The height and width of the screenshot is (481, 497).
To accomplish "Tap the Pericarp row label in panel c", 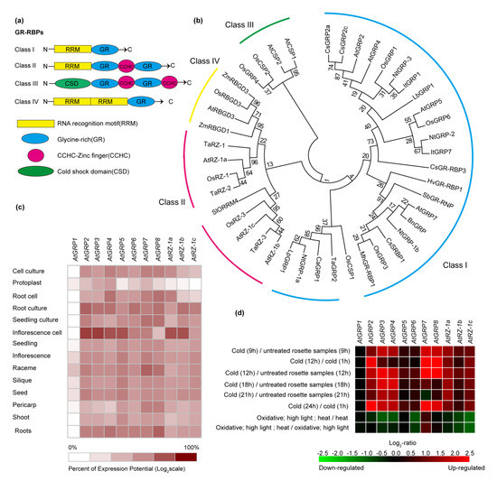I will [x=28, y=405].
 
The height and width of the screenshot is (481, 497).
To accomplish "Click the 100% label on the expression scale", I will [x=191, y=447].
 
